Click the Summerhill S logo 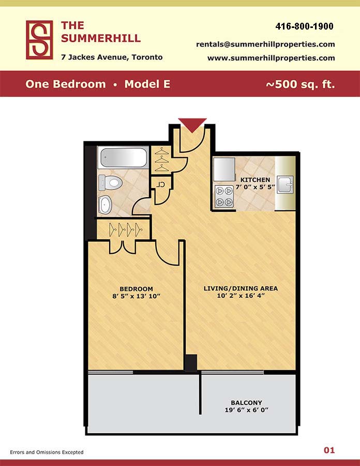[39, 40]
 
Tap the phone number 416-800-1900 [304, 26]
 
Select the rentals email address [265, 45]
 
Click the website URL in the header [271, 58]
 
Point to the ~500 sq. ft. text [300, 84]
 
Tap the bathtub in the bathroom [123, 157]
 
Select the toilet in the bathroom [110, 182]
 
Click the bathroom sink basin [105, 205]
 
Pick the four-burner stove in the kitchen [224, 196]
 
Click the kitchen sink [285, 184]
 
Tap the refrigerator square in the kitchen [224, 169]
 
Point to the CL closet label [160, 184]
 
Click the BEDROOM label [136, 289]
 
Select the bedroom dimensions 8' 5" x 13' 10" [136, 296]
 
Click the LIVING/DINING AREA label [241, 288]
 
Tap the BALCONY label [246, 403]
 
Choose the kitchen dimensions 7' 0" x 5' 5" [255, 187]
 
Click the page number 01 [329, 450]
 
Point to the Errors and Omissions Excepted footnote [47, 452]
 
